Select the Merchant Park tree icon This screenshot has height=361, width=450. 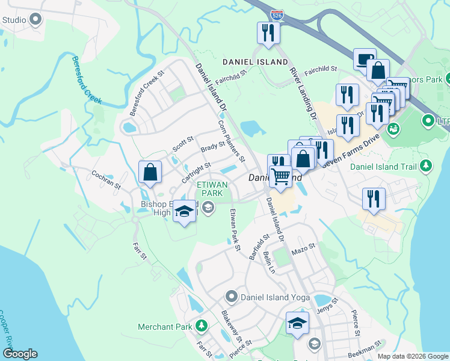[202, 326]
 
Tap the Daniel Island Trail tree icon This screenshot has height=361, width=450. [426, 165]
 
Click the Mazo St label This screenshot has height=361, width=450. [304, 249]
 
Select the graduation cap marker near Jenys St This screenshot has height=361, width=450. [297, 323]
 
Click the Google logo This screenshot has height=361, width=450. [20, 354]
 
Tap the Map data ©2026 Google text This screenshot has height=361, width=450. [413, 356]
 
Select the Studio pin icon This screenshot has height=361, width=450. [35, 20]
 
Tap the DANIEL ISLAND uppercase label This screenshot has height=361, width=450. [247, 62]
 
